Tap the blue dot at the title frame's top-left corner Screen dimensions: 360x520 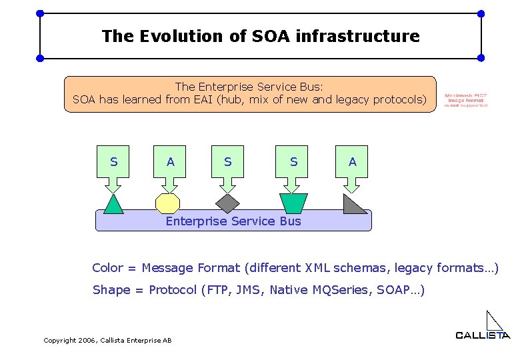pos(40,13)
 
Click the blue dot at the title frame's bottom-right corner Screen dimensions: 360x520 pos(481,58)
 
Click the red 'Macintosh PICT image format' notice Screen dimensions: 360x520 pos(466,100)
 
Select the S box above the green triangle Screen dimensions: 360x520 pos(113,162)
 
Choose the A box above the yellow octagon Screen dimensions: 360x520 pos(171,162)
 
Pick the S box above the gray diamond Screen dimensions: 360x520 pos(228,162)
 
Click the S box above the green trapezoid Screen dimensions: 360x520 pos(293,162)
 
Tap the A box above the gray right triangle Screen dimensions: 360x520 pos(352,162)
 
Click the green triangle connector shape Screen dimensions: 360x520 pos(114,205)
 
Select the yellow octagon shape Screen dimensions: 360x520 pos(167,203)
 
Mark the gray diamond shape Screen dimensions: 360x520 pos(228,203)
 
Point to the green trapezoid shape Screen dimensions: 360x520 pos(293,203)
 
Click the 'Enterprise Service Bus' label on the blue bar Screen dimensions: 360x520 pos(233,221)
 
